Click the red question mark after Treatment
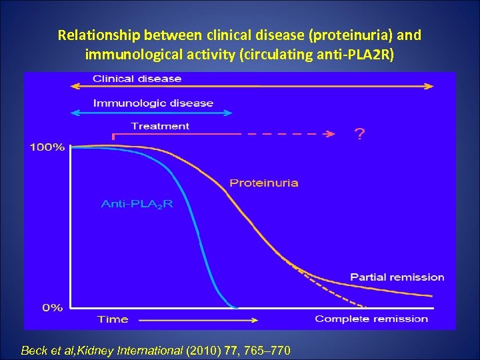[x=359, y=135]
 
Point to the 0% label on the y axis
[x=53, y=307]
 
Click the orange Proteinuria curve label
[x=263, y=183]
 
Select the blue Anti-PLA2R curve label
[x=137, y=204]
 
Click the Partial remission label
[x=397, y=277]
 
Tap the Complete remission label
[x=371, y=319]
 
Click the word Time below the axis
[x=113, y=319]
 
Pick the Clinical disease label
[x=137, y=79]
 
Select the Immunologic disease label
[x=153, y=103]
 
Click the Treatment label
[x=160, y=126]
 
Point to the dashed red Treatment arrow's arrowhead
[x=329, y=134]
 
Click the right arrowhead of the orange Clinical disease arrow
[x=429, y=86]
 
